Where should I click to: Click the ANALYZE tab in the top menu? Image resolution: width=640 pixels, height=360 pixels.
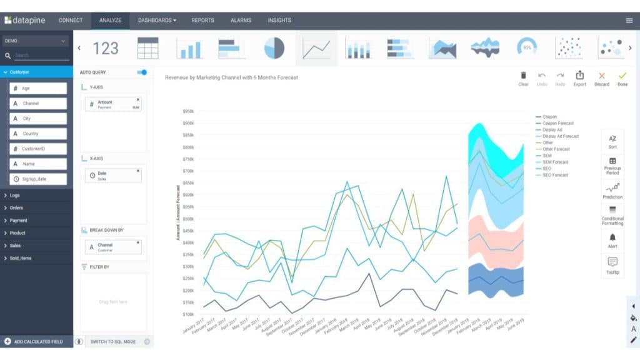tap(110, 20)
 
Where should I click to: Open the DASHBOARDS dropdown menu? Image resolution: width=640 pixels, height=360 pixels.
tap(157, 20)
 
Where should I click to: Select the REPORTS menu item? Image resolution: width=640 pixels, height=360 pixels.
tap(202, 20)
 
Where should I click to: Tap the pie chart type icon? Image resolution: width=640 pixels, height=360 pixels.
tap(274, 48)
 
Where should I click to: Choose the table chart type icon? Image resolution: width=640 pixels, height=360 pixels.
tap(148, 48)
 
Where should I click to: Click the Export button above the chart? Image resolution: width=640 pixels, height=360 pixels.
tap(579, 78)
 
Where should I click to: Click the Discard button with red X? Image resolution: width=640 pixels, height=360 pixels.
tap(602, 78)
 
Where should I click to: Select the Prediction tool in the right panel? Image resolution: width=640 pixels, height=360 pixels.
tap(612, 191)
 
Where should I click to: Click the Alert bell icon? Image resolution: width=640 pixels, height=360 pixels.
tap(612, 240)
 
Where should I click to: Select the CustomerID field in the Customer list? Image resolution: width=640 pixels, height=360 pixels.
tap(38, 149)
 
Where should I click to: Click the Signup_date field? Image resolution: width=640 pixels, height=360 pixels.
tap(38, 179)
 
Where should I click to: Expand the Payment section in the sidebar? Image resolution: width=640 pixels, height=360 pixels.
tap(19, 220)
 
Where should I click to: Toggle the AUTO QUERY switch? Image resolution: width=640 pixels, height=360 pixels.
tap(142, 72)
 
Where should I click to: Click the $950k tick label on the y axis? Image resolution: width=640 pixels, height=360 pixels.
tap(188, 111)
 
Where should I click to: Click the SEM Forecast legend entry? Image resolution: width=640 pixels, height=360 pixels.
tap(556, 162)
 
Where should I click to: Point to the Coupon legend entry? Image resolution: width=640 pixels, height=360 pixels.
tap(549, 117)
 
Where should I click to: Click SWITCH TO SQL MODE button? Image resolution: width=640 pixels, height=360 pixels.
tap(113, 341)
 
